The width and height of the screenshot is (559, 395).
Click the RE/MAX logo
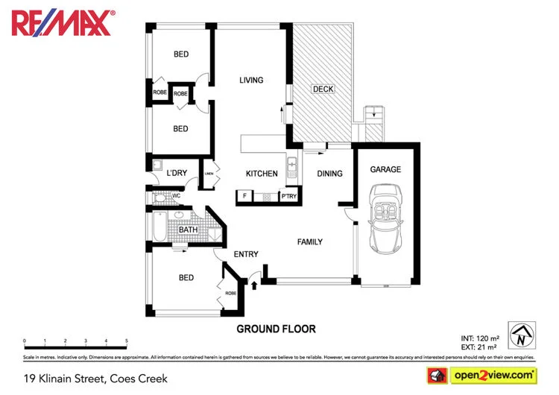coord(63,23)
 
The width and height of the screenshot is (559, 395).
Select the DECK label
coord(323,89)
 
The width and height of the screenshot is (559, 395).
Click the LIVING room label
coord(251,80)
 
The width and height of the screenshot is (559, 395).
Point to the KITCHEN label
coord(262,174)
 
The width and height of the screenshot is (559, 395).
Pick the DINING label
coord(329,174)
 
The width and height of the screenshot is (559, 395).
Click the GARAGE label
coord(385,170)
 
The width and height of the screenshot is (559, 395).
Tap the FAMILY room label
coord(309,242)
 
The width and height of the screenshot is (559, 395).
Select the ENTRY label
coord(246,255)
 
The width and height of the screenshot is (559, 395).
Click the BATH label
coord(188,230)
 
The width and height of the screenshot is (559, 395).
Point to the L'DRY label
coord(177,174)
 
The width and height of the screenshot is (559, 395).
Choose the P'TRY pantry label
coord(288,197)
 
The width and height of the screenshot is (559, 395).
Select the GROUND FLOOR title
coord(276,329)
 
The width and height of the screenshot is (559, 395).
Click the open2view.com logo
coord(481,374)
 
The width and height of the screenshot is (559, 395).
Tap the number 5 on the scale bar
coord(127,341)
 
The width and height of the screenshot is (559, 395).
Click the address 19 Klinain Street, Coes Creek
coord(95,378)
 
